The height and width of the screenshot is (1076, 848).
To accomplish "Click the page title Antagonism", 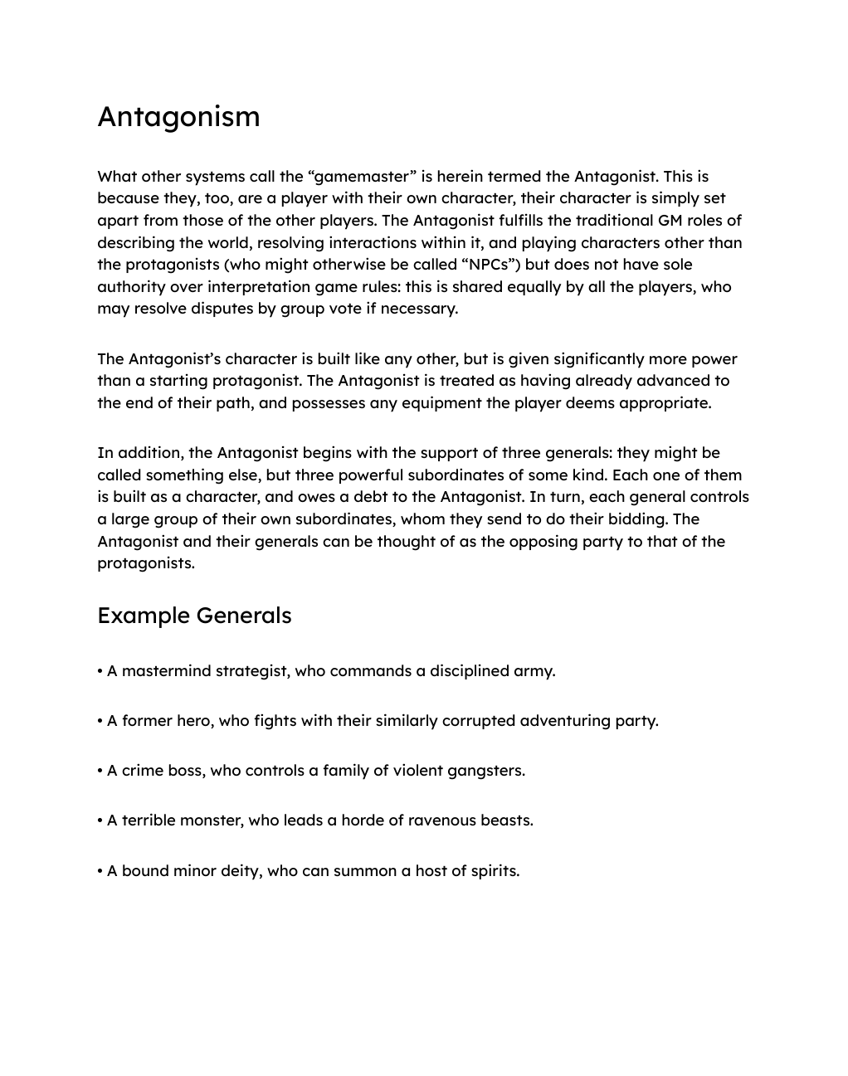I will [x=178, y=117].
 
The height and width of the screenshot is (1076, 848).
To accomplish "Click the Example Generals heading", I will [x=194, y=616].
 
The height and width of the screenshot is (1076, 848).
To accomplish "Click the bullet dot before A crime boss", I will [x=100, y=771].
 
